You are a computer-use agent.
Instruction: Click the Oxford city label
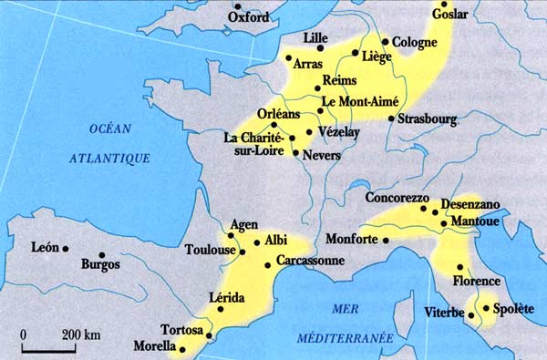pos(248,17)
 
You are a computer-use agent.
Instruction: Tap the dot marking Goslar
pos(445,4)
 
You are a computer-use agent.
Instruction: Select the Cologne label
pos(415,42)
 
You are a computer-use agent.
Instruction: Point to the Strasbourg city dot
pos(391,118)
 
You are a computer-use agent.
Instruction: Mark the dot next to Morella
pos(181,348)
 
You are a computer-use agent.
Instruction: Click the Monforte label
pos(353,240)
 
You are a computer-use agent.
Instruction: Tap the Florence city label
pos(478,281)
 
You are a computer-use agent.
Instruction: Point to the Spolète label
pos(512,309)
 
